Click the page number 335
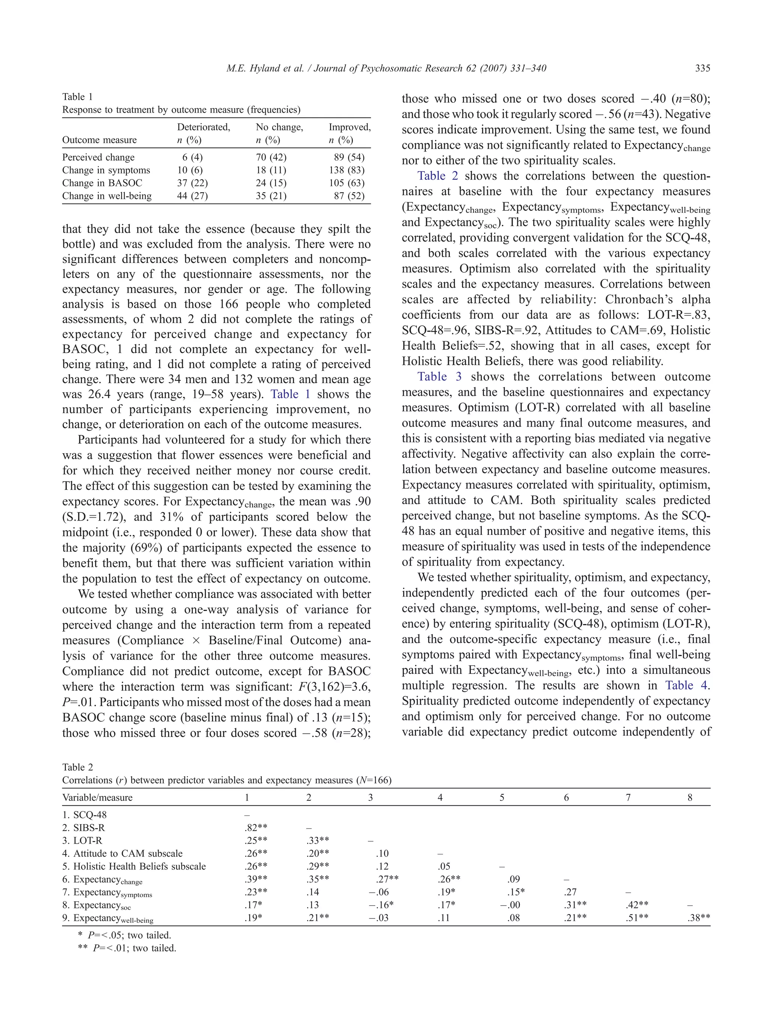(x=702, y=69)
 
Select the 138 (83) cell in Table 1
(x=346, y=170)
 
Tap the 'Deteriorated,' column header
(x=203, y=127)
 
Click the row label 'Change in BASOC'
(x=102, y=183)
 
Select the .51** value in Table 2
(x=637, y=918)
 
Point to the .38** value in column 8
(x=698, y=918)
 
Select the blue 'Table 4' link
(x=686, y=685)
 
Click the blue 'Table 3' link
(x=439, y=376)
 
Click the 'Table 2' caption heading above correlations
(x=77, y=767)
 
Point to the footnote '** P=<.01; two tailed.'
(x=127, y=948)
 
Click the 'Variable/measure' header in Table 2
(x=97, y=797)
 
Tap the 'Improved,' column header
(x=349, y=127)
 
